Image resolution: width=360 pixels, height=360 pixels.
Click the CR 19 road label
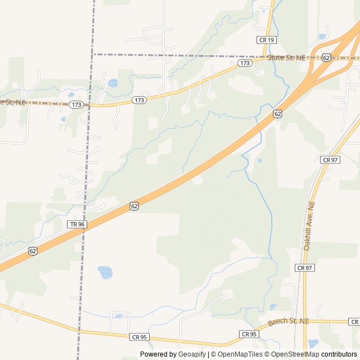pyautogui.click(x=267, y=40)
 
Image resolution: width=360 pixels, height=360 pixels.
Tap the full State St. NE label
pyautogui.click(x=286, y=58)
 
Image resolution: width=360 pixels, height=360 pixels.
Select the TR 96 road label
pyautogui.click(x=77, y=224)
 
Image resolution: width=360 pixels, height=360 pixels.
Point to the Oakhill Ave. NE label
pyautogui.click(x=308, y=226)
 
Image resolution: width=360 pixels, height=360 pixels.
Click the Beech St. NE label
pyautogui.click(x=289, y=322)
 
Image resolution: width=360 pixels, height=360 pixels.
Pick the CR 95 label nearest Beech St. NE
pyautogui.click(x=249, y=334)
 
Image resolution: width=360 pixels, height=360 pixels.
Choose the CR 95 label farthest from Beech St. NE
pyautogui.click(x=139, y=337)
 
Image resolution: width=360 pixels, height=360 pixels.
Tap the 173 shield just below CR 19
pyautogui.click(x=244, y=64)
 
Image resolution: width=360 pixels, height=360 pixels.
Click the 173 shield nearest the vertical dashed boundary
pyautogui.click(x=77, y=105)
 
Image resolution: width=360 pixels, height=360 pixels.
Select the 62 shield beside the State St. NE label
pyautogui.click(x=326, y=57)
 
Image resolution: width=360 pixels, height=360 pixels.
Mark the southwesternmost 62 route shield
pyautogui.click(x=33, y=251)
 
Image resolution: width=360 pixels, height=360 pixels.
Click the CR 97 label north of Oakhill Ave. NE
pyautogui.click(x=330, y=160)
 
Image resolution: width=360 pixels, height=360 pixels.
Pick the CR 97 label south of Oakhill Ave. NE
pyautogui.click(x=305, y=268)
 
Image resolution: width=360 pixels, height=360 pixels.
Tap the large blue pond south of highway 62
pyautogui.click(x=105, y=272)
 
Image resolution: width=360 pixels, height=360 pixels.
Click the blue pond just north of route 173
pyautogui.click(x=112, y=83)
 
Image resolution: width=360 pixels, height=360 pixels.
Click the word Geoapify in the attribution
pyautogui.click(x=192, y=354)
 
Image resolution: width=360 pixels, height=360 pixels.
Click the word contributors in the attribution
pyautogui.click(x=339, y=354)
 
